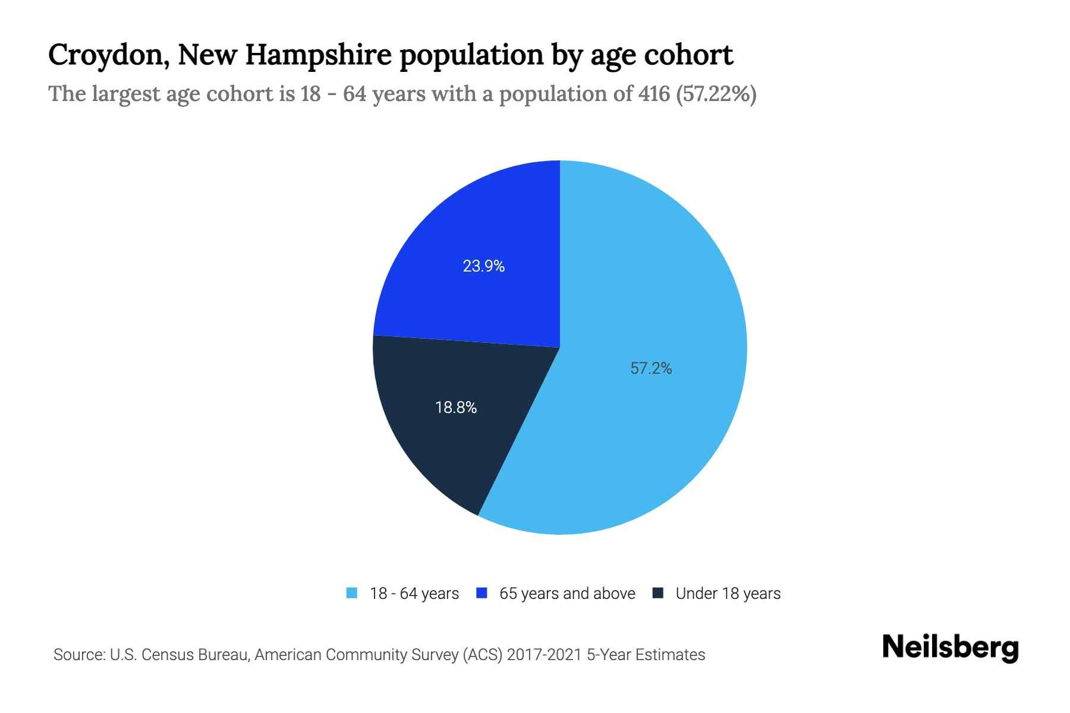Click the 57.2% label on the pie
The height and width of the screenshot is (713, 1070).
[x=651, y=368]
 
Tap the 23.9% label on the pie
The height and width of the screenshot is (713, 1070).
[x=484, y=266]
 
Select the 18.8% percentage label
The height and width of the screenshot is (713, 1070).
[x=456, y=408]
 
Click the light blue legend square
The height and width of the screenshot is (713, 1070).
[x=352, y=593]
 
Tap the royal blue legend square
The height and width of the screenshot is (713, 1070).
[x=482, y=593]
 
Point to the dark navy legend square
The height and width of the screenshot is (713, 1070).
[x=658, y=593]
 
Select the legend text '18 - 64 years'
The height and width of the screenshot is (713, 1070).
[x=414, y=594]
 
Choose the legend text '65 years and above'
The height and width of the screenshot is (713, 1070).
[x=567, y=594]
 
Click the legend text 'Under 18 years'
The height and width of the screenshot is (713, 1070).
[x=728, y=594]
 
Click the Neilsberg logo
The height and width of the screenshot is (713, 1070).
[x=950, y=648]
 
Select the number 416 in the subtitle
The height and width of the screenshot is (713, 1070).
[x=653, y=94]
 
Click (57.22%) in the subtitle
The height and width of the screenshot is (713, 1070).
[x=716, y=94]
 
